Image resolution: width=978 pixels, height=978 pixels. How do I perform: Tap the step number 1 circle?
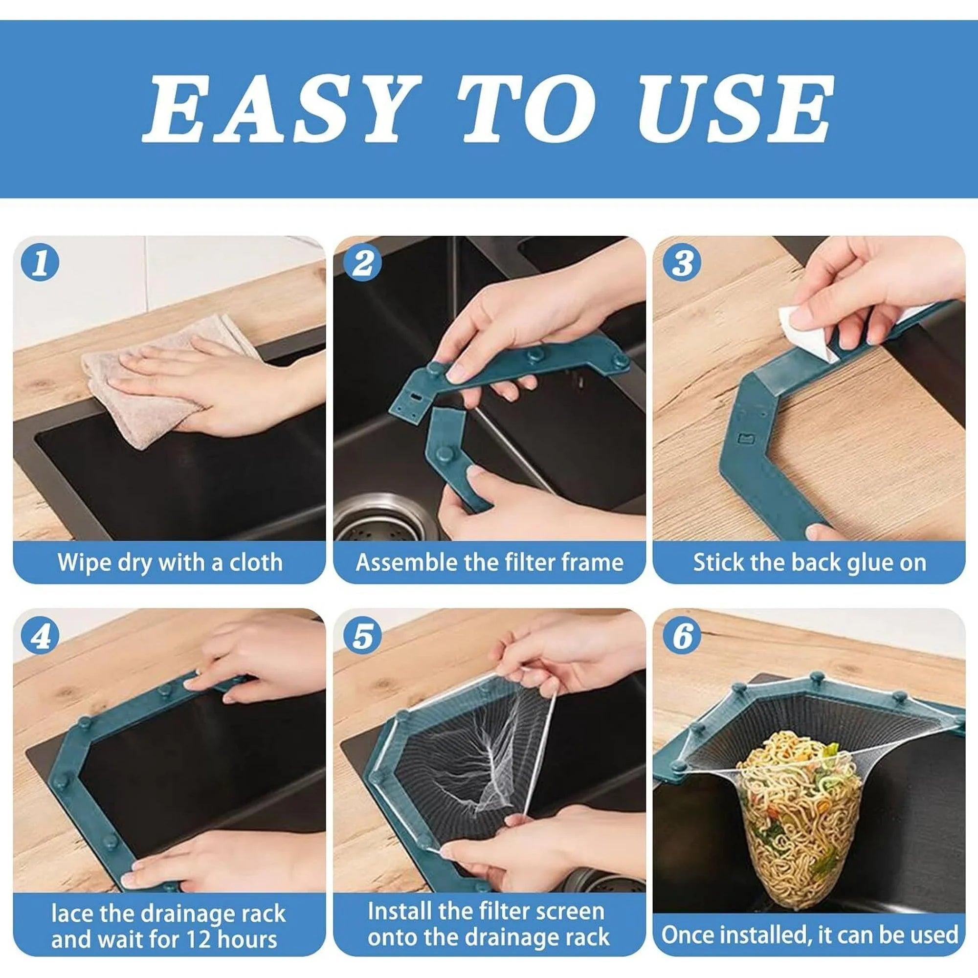(40, 264)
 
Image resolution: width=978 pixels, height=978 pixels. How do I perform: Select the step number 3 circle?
(682, 264)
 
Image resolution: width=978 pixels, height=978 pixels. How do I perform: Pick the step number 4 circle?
(40, 637)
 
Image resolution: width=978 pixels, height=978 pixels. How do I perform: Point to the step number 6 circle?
(682, 637)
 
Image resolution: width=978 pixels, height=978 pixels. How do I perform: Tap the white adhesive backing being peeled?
(800, 334)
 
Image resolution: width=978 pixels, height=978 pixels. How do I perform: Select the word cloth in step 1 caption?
(256, 562)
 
